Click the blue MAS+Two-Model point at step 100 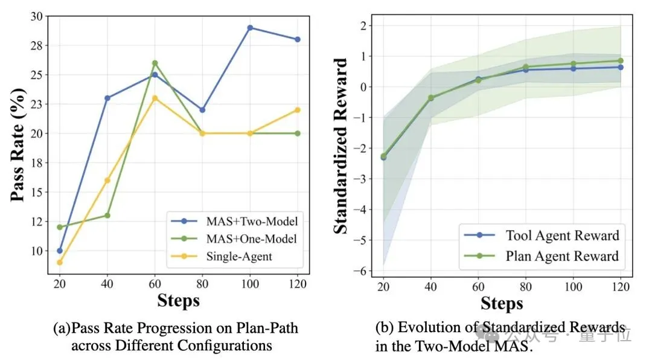point(249,28)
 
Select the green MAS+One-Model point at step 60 point(155,63)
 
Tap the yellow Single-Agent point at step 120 point(297,110)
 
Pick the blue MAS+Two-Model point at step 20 point(59,251)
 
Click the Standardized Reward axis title point(341,146)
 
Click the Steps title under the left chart point(178,300)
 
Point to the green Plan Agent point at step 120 point(620,60)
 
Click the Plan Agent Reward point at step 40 point(431,97)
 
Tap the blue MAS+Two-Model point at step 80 point(202,110)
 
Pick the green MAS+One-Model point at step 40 point(107,215)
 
